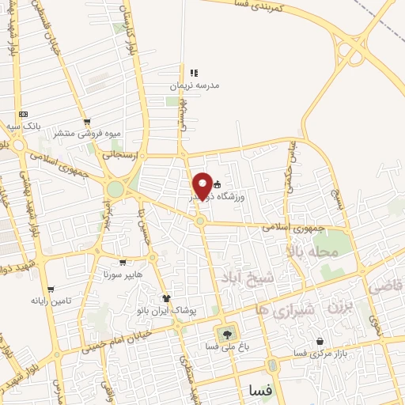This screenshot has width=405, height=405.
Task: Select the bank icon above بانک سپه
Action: [24, 114]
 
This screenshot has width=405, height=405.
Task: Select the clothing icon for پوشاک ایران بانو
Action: [167, 298]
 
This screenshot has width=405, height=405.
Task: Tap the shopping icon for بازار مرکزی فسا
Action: [320, 342]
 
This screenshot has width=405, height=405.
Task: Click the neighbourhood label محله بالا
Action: [315, 252]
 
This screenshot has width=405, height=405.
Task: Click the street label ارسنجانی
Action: [121, 155]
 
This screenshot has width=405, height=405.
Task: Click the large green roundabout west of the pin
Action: [115, 189]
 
